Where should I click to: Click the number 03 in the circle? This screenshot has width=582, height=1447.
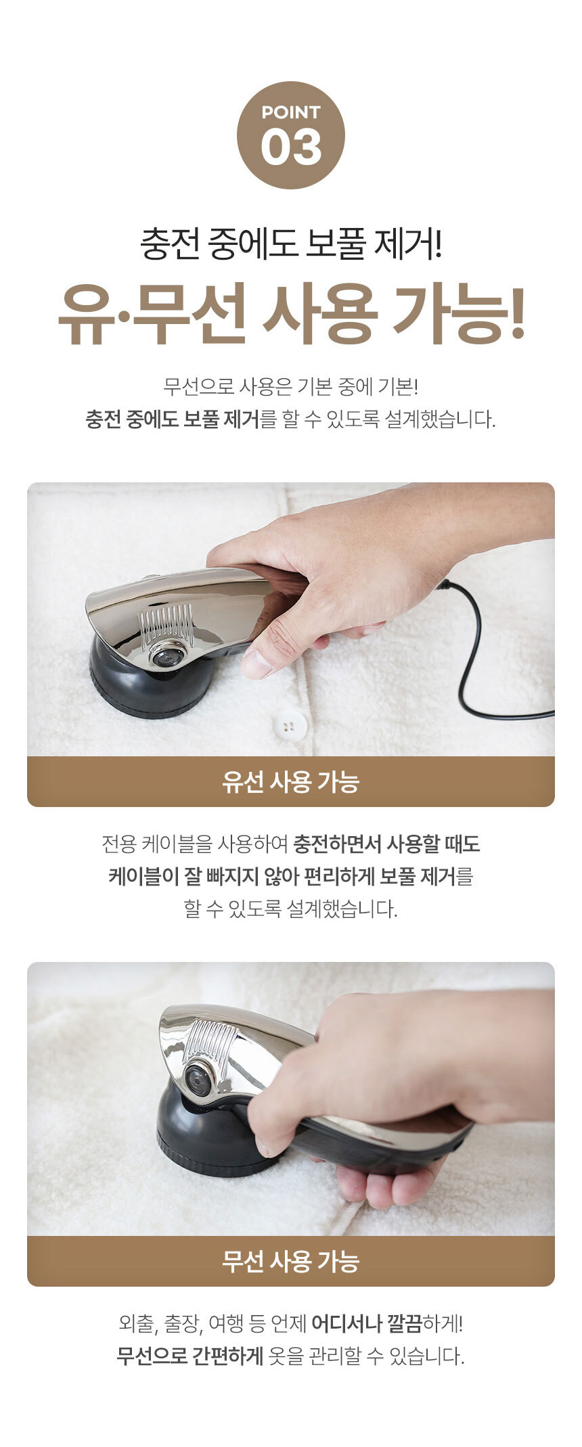click(x=291, y=148)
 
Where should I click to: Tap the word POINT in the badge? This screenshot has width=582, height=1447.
click(x=291, y=112)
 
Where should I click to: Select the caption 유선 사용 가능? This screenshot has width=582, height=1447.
click(x=291, y=781)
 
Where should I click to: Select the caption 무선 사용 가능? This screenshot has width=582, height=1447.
click(x=291, y=1261)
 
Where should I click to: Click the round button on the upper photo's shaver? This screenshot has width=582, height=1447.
click(x=166, y=655)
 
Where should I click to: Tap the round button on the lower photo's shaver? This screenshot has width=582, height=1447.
click(x=200, y=1080)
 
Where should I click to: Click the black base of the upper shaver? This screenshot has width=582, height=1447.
click(x=149, y=683)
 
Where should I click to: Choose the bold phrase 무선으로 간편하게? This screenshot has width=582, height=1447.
click(x=189, y=1356)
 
